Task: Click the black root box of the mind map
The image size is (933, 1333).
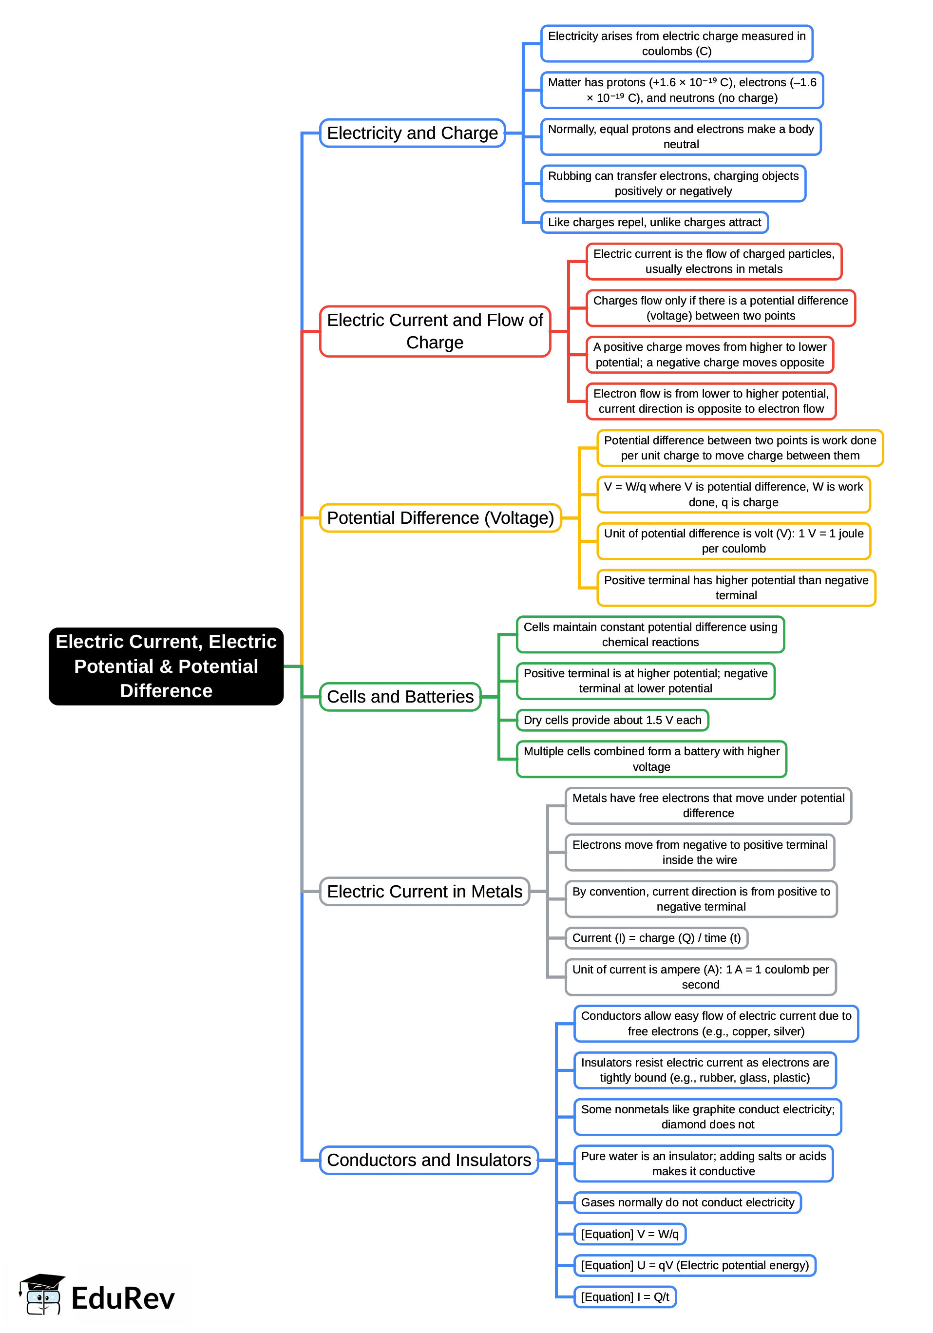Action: coord(166,666)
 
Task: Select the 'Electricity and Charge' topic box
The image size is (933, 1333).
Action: coord(412,133)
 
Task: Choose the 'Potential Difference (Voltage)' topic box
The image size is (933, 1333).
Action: coord(440,517)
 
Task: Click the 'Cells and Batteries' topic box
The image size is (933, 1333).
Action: coord(400,696)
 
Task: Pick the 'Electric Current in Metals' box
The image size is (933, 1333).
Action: coord(424,891)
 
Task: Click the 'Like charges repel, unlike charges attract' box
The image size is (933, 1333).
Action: coord(654,222)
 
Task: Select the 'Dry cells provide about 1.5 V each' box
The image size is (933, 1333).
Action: coord(612,720)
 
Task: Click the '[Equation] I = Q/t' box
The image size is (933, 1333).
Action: coord(625,1296)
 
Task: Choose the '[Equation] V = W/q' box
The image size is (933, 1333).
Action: coord(629,1234)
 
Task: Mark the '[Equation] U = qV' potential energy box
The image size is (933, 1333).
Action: coord(694,1265)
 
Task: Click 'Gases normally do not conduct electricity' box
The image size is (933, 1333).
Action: coord(687,1202)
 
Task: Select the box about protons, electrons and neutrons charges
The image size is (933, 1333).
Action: coord(682,90)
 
